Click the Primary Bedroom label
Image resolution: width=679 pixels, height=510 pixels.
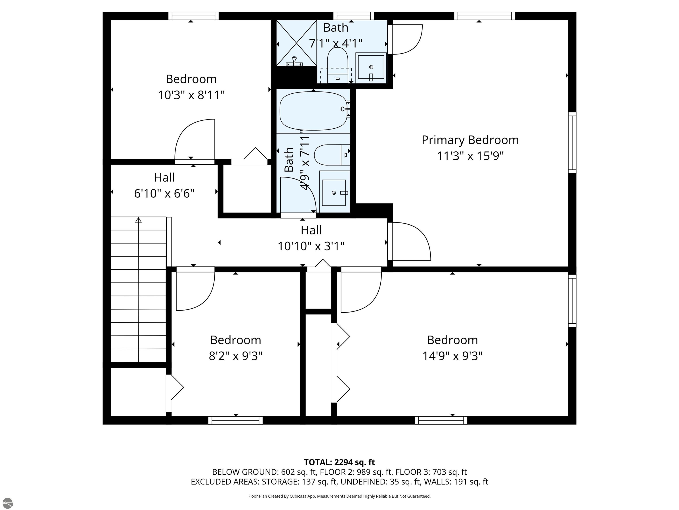pyautogui.click(x=470, y=140)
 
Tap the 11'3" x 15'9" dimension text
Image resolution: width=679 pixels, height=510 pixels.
pyautogui.click(x=470, y=156)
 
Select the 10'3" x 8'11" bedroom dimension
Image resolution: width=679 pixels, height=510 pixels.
pyautogui.click(x=191, y=95)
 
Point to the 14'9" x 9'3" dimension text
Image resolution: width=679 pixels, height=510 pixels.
pyautogui.click(x=452, y=356)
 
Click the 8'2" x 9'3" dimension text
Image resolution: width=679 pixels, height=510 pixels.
pyautogui.click(x=235, y=356)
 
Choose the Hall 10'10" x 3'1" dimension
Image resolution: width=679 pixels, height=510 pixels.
pyautogui.click(x=311, y=246)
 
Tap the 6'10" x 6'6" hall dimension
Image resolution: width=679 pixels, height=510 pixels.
pyautogui.click(x=164, y=193)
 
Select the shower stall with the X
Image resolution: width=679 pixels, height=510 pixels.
pyautogui.click(x=297, y=43)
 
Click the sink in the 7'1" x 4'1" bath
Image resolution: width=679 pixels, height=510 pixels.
pyautogui.click(x=371, y=67)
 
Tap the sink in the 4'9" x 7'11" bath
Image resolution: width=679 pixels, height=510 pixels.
pyautogui.click(x=335, y=192)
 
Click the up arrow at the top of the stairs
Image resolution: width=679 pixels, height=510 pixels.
pyautogui.click(x=138, y=220)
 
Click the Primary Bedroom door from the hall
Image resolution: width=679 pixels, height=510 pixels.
pyautogui.click(x=410, y=241)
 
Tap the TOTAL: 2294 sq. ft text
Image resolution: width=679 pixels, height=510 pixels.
pyautogui.click(x=339, y=462)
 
